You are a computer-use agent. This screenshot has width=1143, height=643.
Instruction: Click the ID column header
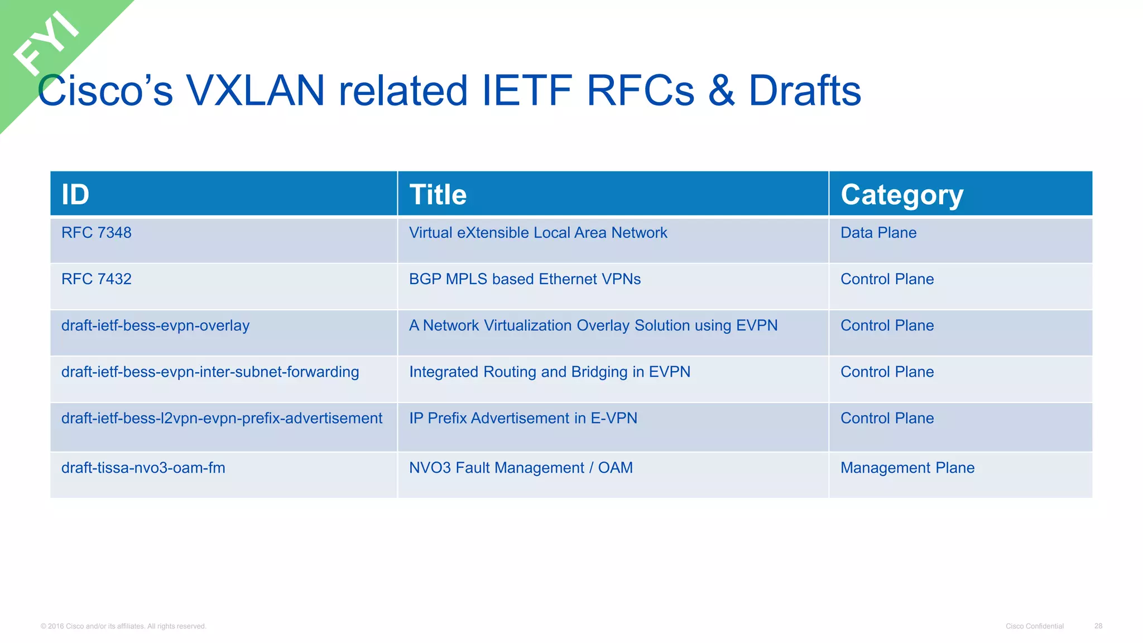[75, 194]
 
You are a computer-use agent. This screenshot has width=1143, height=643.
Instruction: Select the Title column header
[438, 194]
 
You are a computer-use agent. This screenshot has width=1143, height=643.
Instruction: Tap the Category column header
[902, 195]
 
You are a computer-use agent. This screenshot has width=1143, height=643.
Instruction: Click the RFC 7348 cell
[97, 233]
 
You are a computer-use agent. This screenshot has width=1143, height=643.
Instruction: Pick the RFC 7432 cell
[97, 279]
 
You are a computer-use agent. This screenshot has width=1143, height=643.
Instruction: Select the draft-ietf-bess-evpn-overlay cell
[155, 325]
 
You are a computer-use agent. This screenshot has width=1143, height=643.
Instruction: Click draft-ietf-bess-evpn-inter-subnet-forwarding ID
[210, 372]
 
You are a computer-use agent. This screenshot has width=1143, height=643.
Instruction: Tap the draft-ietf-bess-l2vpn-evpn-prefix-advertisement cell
[222, 418]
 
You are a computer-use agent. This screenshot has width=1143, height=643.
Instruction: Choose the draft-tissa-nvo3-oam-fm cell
[143, 468]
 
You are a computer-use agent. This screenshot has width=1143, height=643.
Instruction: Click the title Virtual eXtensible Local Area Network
[538, 233]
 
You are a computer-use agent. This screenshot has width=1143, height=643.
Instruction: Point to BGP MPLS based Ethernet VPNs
[525, 279]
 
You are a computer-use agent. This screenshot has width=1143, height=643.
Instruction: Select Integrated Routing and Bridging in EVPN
[550, 372]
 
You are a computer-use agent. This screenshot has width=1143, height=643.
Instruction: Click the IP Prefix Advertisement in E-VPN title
[523, 418]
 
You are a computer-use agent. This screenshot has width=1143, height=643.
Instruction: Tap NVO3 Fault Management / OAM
[521, 468]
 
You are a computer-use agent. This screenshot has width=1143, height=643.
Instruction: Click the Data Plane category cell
[878, 233]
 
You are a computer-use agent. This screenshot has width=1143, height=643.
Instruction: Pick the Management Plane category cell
[907, 468]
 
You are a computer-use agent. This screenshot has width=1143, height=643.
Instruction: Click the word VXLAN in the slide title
[256, 90]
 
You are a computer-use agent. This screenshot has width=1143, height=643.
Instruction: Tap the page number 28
[1098, 626]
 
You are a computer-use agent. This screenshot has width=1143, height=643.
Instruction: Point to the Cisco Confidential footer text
[1034, 626]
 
